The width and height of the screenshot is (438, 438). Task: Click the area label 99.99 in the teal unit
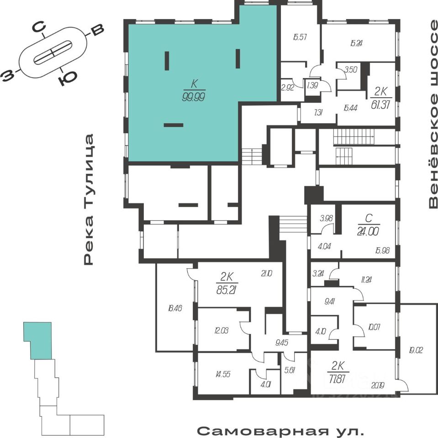[193, 97]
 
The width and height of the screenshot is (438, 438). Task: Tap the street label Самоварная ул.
[281, 431]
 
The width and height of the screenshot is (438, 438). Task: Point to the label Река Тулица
[89, 199]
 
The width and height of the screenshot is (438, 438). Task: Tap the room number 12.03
[221, 330]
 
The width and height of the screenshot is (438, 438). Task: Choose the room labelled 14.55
[222, 374]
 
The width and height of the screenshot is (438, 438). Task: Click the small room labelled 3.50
[351, 70]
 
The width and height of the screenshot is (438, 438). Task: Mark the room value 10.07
[374, 327]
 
